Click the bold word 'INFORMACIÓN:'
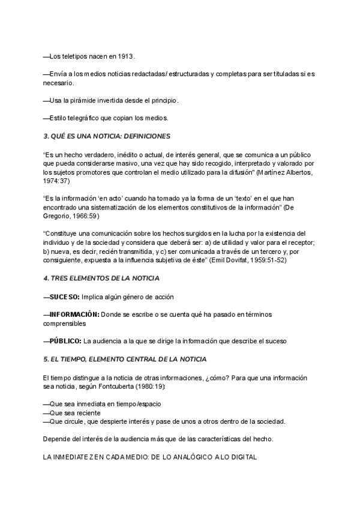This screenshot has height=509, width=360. point(74,314)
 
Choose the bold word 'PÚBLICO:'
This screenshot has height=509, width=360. point(65,341)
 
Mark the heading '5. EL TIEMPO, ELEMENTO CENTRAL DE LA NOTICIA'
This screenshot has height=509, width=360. point(125,359)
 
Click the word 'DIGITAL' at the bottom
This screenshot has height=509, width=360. point(241,457)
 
